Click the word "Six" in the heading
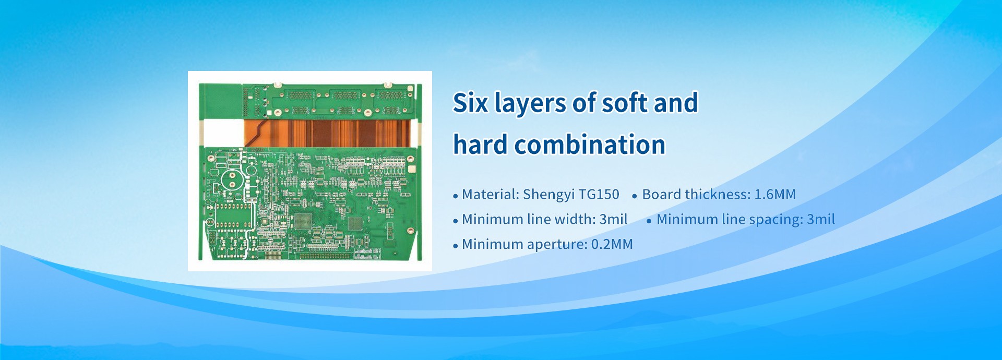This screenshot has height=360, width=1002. (470, 103)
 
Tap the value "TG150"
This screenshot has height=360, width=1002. (599, 195)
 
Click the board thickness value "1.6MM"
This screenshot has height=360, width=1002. (776, 195)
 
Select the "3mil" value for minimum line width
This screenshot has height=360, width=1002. (613, 219)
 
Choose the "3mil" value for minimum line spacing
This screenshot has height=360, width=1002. (821, 219)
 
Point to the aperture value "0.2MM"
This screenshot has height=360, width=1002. (612, 244)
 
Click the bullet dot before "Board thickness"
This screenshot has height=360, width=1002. (635, 197)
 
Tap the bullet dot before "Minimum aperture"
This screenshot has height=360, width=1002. (456, 246)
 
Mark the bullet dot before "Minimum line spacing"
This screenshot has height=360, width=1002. (649, 221)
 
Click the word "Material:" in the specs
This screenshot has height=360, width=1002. (490, 195)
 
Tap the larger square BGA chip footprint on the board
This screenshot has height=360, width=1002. (303, 221)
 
